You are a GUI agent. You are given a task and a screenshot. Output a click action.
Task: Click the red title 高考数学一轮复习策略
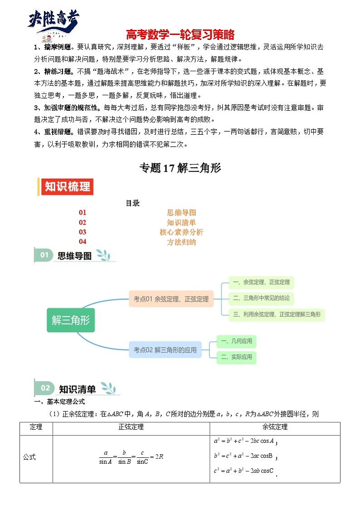(x=180, y=34)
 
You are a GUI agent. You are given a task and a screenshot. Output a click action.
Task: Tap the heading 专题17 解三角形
(x=180, y=168)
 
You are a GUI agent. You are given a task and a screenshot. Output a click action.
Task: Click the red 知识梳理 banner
(x=67, y=186)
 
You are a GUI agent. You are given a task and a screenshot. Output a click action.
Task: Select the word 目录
(x=132, y=203)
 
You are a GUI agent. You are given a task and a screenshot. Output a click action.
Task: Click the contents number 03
(x=82, y=232)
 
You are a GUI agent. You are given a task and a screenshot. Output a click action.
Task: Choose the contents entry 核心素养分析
(x=181, y=232)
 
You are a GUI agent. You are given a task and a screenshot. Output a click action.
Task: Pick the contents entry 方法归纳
(x=181, y=242)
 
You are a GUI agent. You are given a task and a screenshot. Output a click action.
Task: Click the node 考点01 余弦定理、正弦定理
(x=171, y=299)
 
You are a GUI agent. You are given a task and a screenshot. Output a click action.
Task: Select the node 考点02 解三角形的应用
(x=165, y=350)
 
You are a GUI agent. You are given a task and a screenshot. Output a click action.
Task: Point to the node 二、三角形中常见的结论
(x=261, y=298)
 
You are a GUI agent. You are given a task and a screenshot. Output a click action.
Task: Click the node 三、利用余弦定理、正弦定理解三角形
(x=277, y=314)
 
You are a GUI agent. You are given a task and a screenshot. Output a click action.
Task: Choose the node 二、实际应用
(x=236, y=357)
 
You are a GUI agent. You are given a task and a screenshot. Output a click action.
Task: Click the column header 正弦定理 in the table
(x=131, y=427)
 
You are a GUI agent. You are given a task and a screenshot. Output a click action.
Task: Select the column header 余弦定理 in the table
(x=275, y=427)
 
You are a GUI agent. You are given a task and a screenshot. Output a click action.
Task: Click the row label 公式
(x=29, y=457)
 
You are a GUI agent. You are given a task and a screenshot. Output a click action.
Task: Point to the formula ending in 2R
(x=131, y=457)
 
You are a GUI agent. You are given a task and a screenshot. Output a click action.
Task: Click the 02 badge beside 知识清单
(x=45, y=388)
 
